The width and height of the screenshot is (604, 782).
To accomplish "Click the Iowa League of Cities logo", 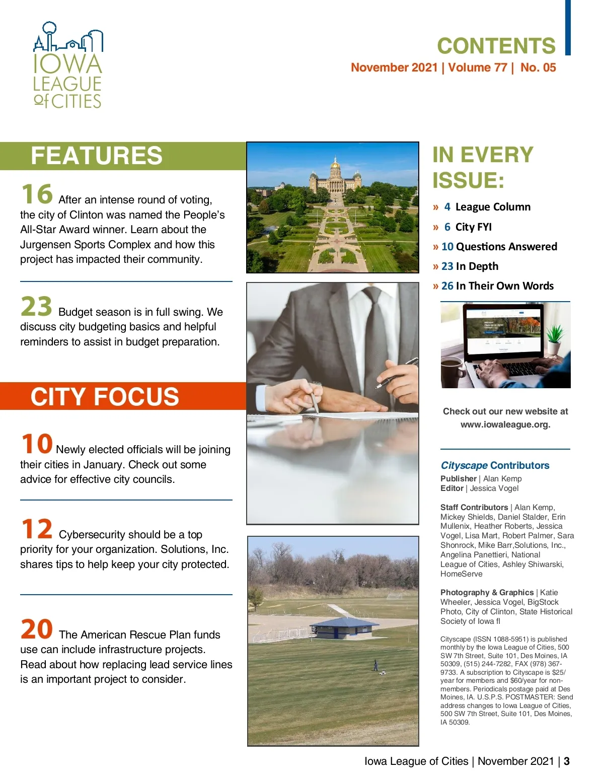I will (68, 65).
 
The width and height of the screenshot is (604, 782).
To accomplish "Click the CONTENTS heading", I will (496, 46).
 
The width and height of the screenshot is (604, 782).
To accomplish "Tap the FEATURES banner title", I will (97, 156).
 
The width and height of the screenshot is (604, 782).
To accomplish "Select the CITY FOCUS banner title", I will (105, 397).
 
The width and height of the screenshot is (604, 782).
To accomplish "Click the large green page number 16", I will (37, 194).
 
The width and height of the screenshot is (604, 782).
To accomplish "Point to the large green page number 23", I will (36, 307).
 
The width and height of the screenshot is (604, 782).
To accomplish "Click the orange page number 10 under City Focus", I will (37, 444).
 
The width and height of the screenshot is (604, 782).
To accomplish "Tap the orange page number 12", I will (37, 529).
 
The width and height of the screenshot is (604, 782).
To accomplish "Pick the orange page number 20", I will (37, 629).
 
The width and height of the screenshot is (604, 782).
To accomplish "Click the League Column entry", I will (492, 207).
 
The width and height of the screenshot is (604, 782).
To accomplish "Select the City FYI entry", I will (473, 227).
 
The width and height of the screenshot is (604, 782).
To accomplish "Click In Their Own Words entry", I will (504, 286).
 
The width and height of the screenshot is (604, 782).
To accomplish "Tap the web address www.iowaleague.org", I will (505, 424).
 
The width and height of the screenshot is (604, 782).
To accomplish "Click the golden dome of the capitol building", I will (335, 165).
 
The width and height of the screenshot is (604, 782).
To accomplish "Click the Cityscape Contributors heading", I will (495, 465).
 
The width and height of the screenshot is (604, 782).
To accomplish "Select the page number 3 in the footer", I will (567, 761).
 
